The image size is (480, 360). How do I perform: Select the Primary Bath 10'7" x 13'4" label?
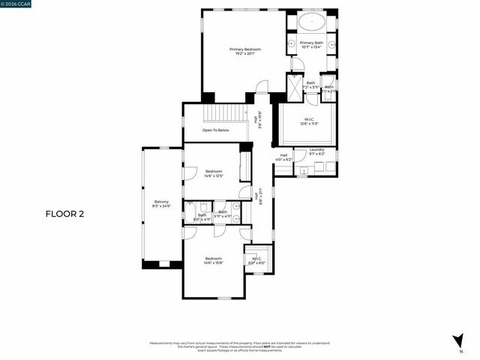click(x=311, y=45)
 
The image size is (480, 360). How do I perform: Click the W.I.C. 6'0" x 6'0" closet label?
click(x=256, y=260)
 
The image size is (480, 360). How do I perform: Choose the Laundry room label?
click(x=316, y=151)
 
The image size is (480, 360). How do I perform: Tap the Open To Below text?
click(x=216, y=130)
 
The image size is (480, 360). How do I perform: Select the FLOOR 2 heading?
click(x=65, y=214)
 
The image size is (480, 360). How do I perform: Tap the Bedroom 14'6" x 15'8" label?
click(x=214, y=260)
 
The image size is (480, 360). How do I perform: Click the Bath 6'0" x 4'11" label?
click(x=202, y=217)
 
